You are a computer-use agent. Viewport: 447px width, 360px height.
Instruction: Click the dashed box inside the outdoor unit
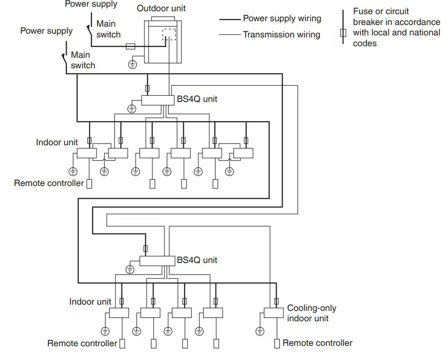[x=169, y=35]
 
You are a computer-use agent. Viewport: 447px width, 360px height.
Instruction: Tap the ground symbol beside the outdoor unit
[x=132, y=65]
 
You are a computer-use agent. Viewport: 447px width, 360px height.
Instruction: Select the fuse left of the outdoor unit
[x=130, y=47]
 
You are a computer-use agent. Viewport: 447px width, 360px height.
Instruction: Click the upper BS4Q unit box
[x=157, y=100]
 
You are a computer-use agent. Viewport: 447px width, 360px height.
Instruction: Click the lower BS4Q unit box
[x=157, y=261]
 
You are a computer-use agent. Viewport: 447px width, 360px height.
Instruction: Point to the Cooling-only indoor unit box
[x=273, y=313]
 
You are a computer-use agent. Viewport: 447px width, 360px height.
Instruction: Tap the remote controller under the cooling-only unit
[x=277, y=344]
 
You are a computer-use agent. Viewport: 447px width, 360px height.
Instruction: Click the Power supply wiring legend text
[x=282, y=19]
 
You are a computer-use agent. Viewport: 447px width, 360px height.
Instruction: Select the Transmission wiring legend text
[x=281, y=35]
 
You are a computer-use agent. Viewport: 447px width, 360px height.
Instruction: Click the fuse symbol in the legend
[x=343, y=33]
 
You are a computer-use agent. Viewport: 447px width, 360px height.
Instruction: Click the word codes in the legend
[x=365, y=43]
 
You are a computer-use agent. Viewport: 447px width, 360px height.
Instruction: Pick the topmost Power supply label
[x=91, y=4]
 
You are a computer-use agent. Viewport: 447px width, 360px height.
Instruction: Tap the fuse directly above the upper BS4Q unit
[x=147, y=88]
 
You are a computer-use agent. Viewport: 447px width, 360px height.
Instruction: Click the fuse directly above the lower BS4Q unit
[x=145, y=249]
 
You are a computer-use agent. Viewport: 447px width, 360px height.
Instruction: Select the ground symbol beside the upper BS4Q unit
[x=132, y=109]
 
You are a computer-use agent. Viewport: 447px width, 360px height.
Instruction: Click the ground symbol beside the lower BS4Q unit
[x=130, y=270]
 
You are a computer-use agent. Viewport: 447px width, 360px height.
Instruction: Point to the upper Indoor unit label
[x=57, y=142]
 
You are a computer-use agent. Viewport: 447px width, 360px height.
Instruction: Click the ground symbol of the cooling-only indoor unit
[x=260, y=331]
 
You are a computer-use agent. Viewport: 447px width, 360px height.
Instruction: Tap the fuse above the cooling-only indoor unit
[x=276, y=301]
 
